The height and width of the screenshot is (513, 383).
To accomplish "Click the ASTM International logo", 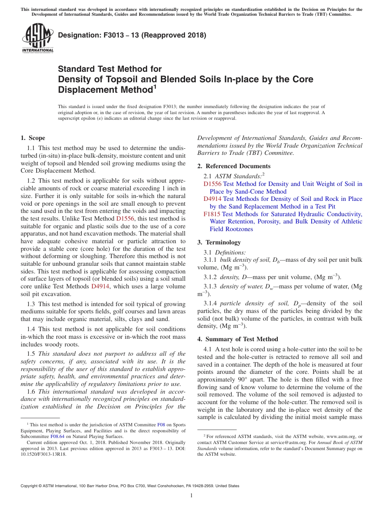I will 37,38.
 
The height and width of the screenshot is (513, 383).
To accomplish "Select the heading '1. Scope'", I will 33,138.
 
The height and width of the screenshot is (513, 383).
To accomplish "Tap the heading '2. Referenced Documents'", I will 234,166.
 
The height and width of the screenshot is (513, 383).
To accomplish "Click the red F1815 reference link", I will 212,214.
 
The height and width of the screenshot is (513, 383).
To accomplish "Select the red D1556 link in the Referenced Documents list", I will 212,184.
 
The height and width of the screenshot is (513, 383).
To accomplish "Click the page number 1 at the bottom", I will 191,495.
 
